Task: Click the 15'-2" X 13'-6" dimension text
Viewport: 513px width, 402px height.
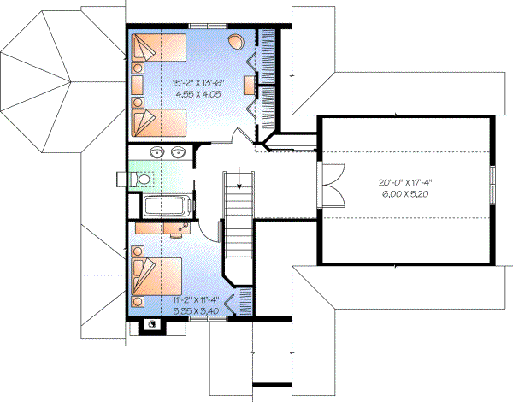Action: click(x=199, y=83)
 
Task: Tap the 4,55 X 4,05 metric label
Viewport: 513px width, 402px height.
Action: click(x=199, y=96)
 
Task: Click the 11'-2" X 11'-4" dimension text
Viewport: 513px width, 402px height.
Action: click(x=196, y=301)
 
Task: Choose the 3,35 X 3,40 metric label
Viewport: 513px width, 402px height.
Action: click(x=196, y=312)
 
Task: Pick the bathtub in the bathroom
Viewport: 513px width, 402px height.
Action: click(x=168, y=206)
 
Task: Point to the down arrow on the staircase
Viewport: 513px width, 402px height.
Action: click(x=240, y=182)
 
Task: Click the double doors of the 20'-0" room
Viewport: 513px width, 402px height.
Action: click(x=328, y=183)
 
